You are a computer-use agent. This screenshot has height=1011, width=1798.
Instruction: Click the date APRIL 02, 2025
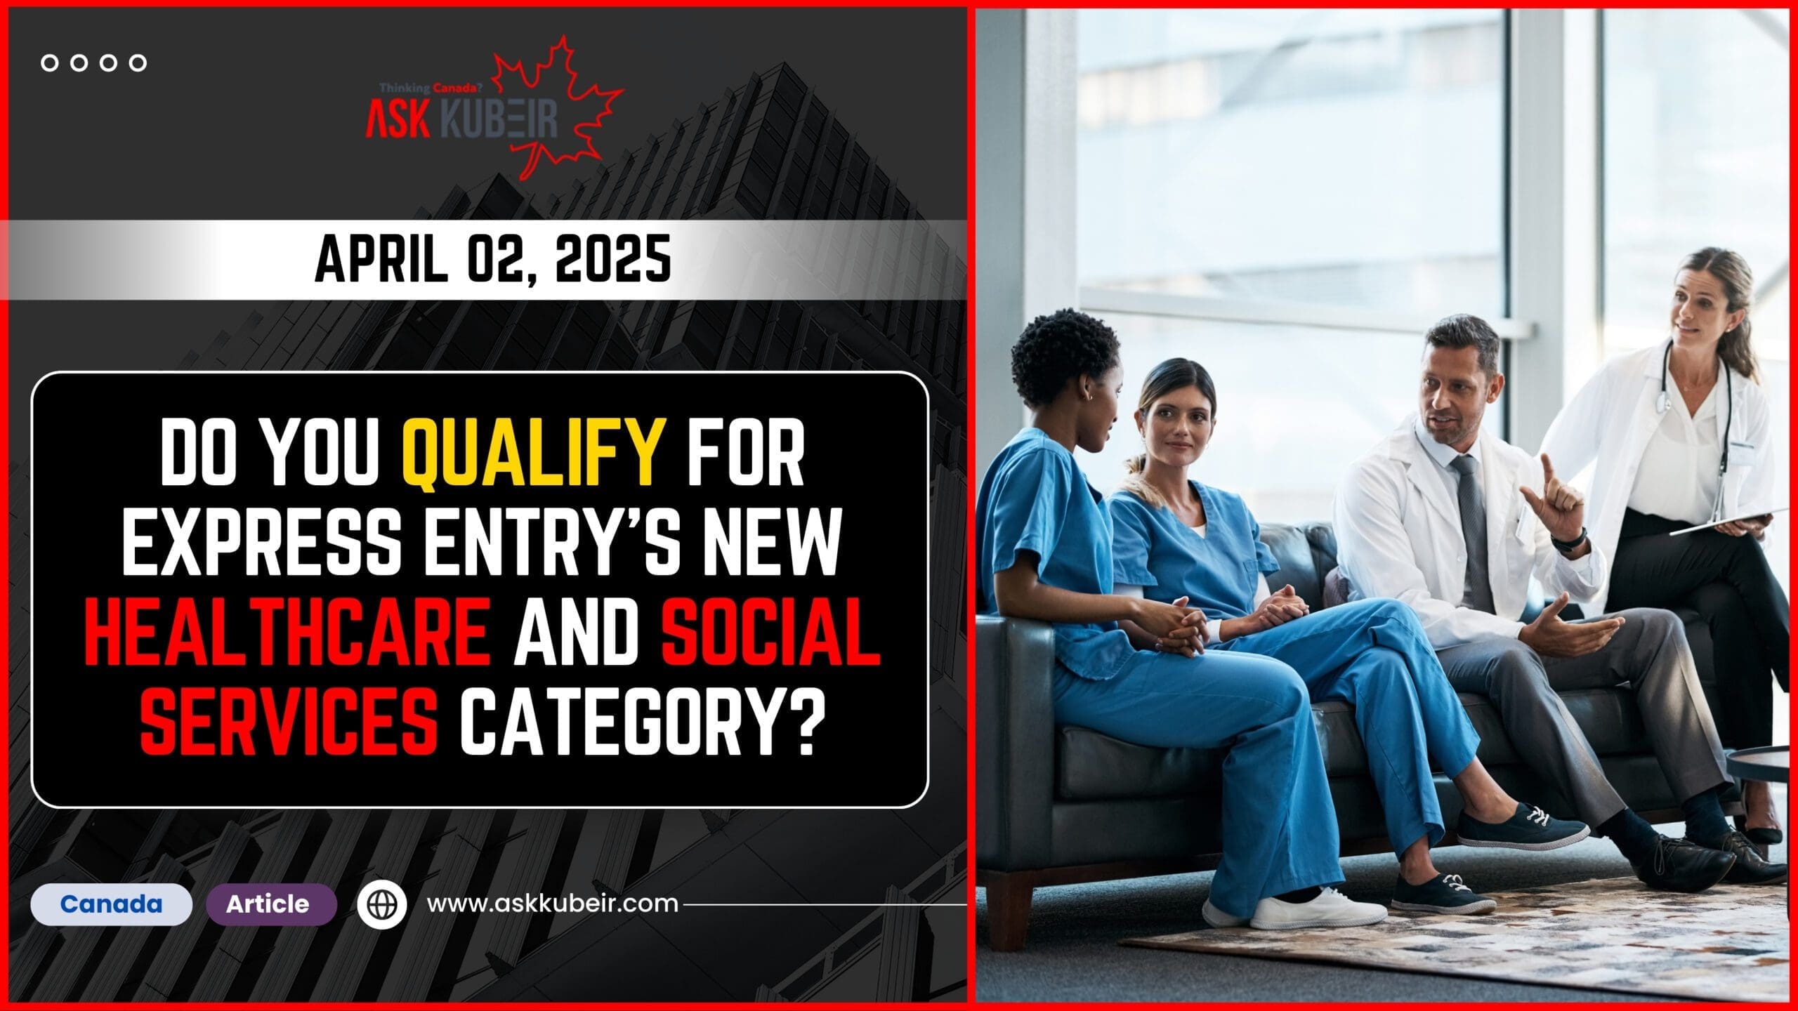coord(492,260)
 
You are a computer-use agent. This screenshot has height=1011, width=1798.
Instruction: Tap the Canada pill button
coord(111,904)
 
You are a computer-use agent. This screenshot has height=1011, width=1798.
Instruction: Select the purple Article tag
coord(268,904)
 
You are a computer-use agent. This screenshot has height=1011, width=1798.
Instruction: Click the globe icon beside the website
coord(381,904)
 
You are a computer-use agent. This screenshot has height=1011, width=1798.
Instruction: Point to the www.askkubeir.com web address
coord(553,904)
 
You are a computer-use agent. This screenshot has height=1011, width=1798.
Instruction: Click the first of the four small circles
coord(50,63)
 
